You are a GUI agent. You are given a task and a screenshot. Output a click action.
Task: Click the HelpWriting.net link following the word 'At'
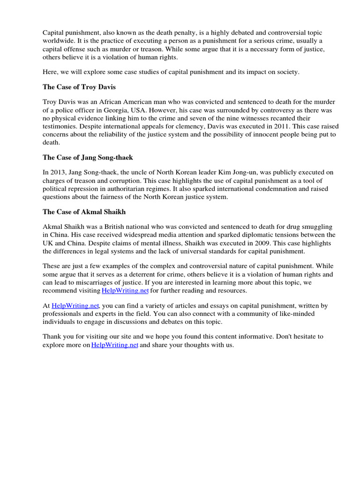coord(75,306)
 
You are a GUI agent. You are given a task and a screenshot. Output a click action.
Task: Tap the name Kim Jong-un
coord(265,172)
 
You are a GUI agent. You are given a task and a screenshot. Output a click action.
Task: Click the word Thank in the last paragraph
coord(52,337)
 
